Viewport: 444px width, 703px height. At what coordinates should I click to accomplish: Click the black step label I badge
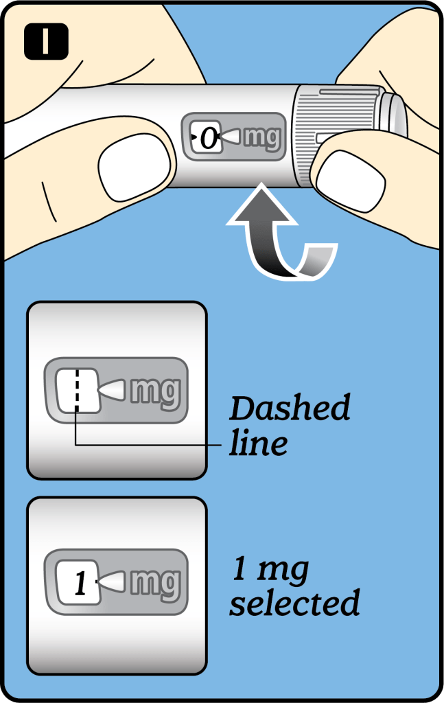(46, 41)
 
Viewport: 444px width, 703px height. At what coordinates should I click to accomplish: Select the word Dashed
(290, 408)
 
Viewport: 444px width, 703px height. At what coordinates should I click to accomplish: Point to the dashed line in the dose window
(77, 389)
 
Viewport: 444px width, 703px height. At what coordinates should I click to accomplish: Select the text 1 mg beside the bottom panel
(270, 569)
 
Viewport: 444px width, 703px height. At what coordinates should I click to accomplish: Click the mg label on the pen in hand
(262, 137)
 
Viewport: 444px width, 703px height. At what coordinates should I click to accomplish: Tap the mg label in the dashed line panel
(156, 392)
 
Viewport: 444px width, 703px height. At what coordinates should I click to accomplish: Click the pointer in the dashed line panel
(110, 390)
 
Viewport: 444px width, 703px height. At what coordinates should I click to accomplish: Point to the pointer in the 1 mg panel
(110, 581)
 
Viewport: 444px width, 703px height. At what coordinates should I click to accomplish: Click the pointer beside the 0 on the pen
(231, 137)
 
